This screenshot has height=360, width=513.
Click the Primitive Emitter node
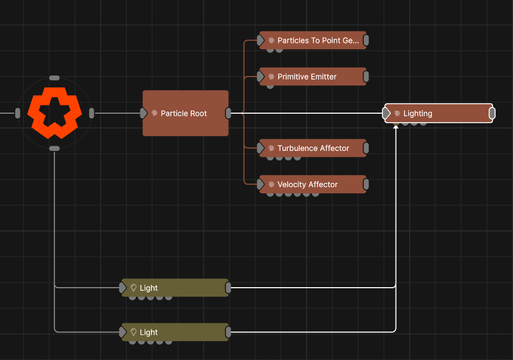(x=313, y=77)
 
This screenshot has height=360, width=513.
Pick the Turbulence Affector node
(x=313, y=148)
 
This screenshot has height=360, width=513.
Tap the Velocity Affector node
(x=313, y=184)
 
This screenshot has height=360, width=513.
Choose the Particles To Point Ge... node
(x=313, y=40)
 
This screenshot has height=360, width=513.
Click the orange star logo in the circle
(x=54, y=113)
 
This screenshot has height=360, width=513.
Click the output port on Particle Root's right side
(x=228, y=113)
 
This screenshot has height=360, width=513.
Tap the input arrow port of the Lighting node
(x=387, y=113)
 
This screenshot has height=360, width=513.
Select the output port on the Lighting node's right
(x=492, y=113)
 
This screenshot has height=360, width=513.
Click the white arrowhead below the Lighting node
(x=396, y=127)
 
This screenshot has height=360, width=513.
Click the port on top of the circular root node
(x=54, y=78)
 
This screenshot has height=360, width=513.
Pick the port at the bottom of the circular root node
(x=54, y=148)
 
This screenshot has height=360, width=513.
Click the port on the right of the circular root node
(x=92, y=113)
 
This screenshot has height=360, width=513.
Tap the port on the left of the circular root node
(x=18, y=113)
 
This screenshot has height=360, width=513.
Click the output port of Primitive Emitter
(x=366, y=77)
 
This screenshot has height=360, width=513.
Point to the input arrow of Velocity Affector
(x=261, y=184)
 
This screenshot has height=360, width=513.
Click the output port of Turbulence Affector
(x=366, y=148)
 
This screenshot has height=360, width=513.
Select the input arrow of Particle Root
(x=144, y=113)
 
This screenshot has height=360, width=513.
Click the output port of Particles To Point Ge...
(x=366, y=40)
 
